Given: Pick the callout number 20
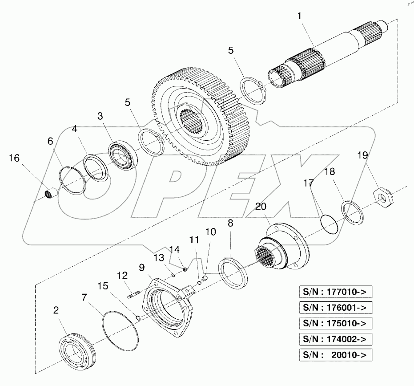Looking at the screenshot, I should [x=261, y=206].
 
